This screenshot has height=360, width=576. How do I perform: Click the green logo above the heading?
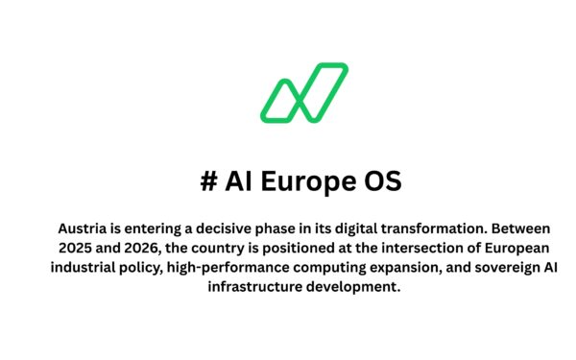tap(303, 92)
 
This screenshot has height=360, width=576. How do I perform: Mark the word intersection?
tap(404, 249)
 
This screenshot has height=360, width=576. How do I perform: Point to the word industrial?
tap(87, 269)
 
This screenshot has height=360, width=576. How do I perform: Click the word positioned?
tap(291, 249)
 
